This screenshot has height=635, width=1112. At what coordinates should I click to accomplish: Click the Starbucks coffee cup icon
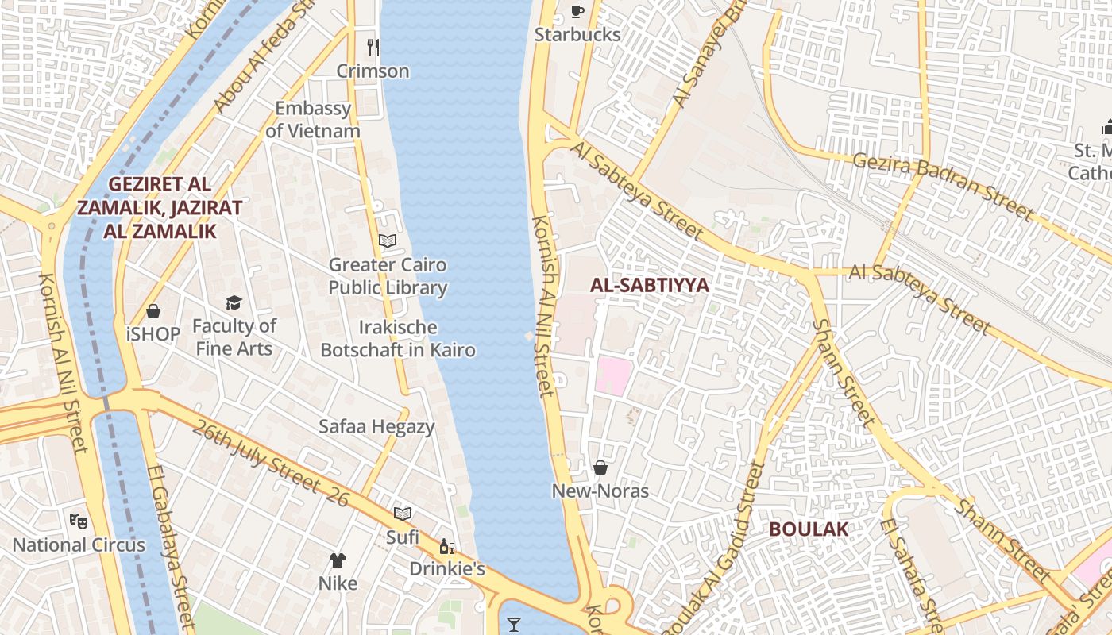click(577, 11)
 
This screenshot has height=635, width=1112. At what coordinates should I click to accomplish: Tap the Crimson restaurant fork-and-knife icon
click(373, 48)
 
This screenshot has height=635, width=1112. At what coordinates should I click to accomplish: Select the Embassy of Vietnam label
click(313, 119)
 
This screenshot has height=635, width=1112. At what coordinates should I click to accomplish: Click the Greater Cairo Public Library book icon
click(388, 241)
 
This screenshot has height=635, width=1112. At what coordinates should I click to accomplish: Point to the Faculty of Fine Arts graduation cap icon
click(234, 302)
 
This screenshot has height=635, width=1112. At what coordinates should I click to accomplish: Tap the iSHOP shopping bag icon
click(153, 311)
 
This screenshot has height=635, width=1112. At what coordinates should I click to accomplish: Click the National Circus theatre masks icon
click(78, 521)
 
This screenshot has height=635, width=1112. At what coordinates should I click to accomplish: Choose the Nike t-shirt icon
click(338, 560)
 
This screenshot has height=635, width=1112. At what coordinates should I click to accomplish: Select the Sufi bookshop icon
click(403, 514)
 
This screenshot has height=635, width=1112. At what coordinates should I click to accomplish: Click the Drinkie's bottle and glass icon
click(447, 546)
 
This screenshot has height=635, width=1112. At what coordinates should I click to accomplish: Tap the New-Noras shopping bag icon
click(600, 468)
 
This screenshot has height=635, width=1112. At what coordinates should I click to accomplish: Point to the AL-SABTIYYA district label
click(649, 286)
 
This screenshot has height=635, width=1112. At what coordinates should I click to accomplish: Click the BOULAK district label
click(808, 529)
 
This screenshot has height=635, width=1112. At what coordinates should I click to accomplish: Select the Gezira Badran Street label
click(943, 186)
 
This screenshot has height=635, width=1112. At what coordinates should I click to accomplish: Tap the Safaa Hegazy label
click(376, 426)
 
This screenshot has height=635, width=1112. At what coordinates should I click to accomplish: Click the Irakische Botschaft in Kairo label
click(398, 338)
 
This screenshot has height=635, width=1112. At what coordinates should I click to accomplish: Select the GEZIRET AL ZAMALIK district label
click(160, 207)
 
